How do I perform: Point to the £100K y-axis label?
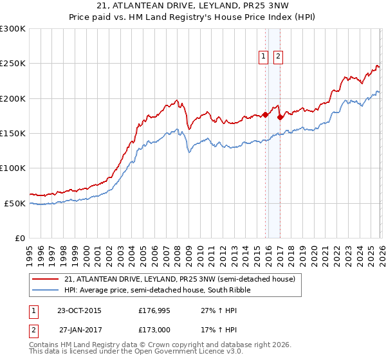tap(13, 168)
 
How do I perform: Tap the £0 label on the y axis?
tap(19, 238)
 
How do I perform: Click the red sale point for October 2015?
tap(265, 115)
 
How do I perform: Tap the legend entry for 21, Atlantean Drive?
tap(179, 279)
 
